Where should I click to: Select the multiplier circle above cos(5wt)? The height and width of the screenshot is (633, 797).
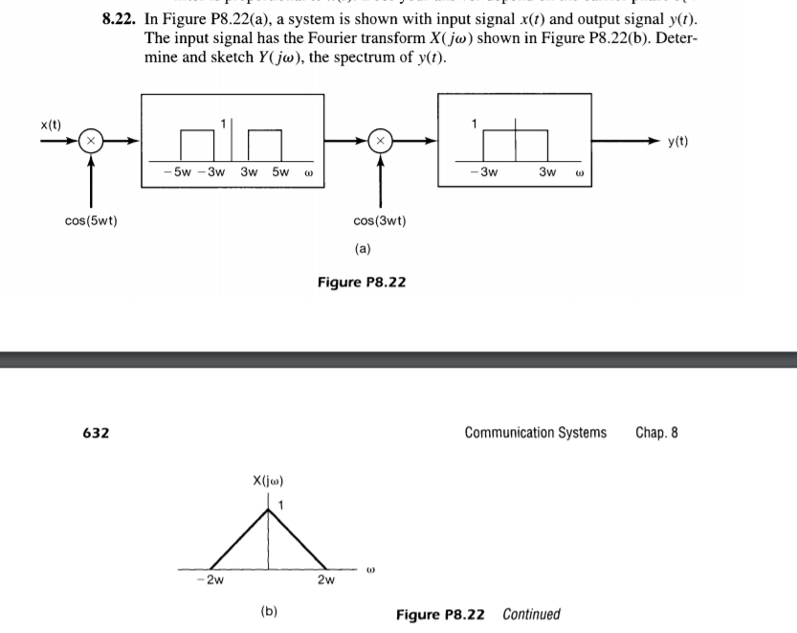coord(92,141)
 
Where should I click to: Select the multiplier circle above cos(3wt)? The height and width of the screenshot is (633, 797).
coord(380,141)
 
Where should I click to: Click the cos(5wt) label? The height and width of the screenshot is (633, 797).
coord(92,221)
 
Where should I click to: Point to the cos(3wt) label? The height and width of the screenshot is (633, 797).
coord(380,221)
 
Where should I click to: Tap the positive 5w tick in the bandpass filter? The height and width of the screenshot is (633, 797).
coord(279,172)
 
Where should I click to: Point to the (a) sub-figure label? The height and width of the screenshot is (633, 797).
coord(363,248)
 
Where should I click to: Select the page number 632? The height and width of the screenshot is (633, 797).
coord(96,433)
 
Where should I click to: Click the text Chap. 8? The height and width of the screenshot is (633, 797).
coord(656,433)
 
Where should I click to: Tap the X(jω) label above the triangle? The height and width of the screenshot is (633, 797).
coord(267,480)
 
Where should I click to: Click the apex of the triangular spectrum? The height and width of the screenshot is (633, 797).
coord(269,508)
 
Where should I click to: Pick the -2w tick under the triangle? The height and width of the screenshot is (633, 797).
coord(214,579)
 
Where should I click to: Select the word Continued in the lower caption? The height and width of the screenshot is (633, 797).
coord(531,614)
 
